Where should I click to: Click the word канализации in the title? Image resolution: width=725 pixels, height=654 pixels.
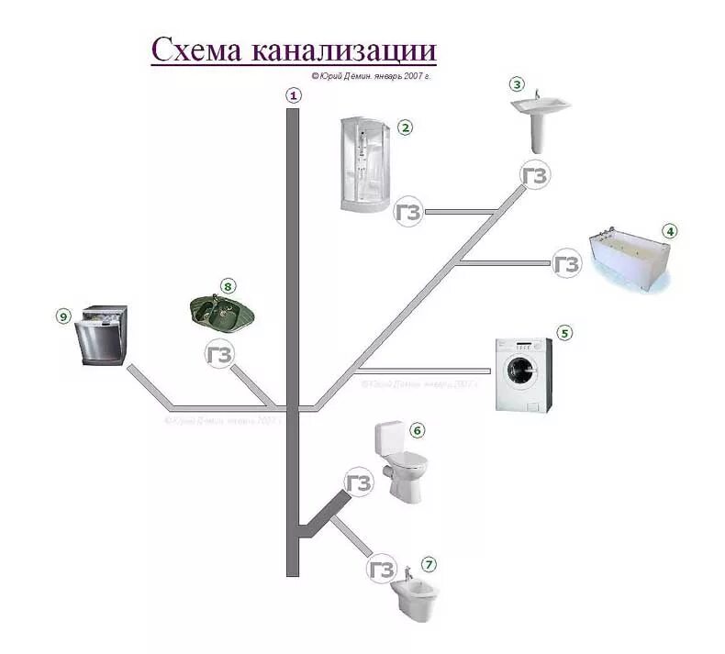click(x=335, y=50)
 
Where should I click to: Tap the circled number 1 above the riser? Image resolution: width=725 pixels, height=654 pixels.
click(x=294, y=94)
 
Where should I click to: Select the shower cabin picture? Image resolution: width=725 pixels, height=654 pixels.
click(x=364, y=165)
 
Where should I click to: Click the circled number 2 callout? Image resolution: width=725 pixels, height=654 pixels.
click(x=404, y=127)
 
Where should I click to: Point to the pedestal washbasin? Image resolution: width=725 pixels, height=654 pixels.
click(x=540, y=120)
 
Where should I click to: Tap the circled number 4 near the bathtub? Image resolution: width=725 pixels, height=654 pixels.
click(x=671, y=231)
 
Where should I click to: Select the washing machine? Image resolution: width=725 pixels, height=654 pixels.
click(x=524, y=374)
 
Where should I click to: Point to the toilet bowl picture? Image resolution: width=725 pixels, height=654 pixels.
click(x=401, y=460)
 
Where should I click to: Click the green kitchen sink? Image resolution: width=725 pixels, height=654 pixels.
click(x=221, y=313)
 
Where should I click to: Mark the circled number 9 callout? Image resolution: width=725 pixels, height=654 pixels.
click(x=62, y=316)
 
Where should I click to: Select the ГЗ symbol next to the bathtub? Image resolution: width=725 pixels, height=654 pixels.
click(x=567, y=264)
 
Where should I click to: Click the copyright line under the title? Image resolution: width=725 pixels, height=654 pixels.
click(x=371, y=77)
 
